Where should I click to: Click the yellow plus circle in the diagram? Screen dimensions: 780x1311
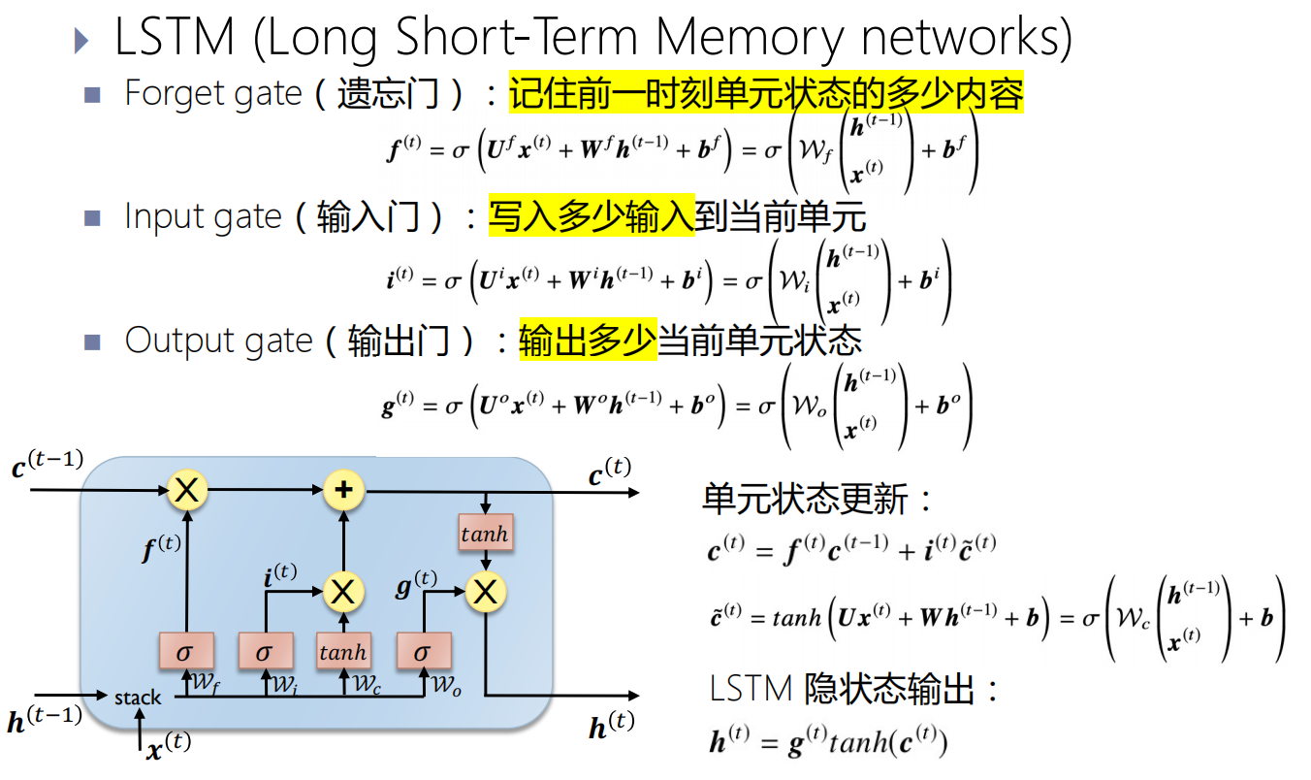click(x=341, y=490)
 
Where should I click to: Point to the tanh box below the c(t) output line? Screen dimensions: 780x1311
click(x=484, y=534)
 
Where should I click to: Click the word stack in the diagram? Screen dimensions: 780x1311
click(x=138, y=698)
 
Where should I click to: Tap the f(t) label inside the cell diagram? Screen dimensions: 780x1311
click(x=161, y=548)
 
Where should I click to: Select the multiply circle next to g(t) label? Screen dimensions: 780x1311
click(x=485, y=591)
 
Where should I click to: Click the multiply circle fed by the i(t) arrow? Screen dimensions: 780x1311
click(x=341, y=591)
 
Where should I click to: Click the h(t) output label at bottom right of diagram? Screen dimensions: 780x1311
click(x=611, y=726)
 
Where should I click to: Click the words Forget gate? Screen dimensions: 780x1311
click(x=213, y=94)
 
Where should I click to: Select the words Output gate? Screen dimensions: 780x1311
click(x=218, y=341)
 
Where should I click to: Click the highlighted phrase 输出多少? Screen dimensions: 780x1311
click(x=588, y=341)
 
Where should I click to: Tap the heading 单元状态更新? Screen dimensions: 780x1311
click(x=807, y=500)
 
